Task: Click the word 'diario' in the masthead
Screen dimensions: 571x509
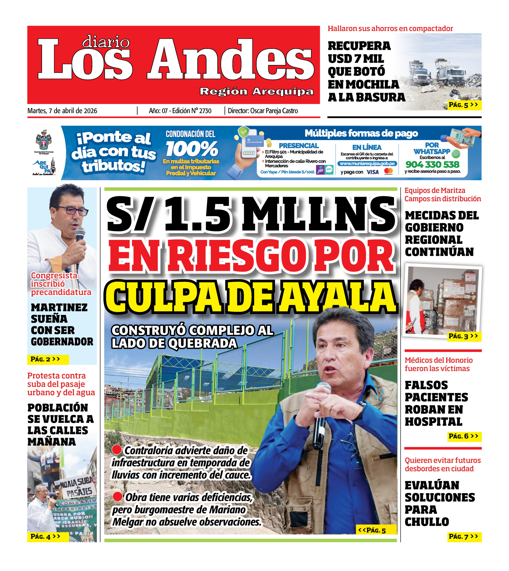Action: (x=106, y=42)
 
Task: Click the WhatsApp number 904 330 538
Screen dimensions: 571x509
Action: (x=432, y=164)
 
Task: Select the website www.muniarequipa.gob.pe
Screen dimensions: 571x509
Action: (x=367, y=163)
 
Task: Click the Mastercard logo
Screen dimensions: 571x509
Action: (x=389, y=171)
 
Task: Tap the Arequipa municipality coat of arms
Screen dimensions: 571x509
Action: (x=43, y=140)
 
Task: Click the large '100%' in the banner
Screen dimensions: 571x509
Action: (x=192, y=149)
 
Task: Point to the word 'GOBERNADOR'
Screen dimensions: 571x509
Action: (x=62, y=341)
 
